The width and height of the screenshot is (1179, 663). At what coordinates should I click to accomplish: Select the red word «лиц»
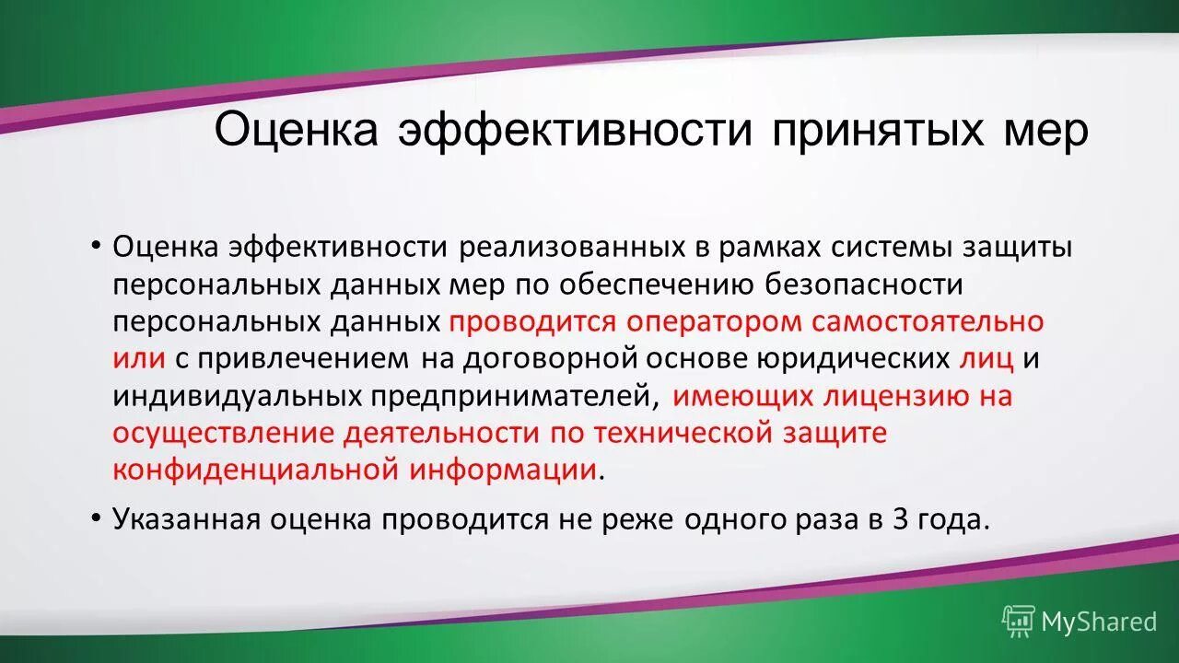[986, 358]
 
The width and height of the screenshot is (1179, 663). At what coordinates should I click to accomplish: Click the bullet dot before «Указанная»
[96, 519]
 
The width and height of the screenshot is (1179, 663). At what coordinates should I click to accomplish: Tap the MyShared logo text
[1099, 622]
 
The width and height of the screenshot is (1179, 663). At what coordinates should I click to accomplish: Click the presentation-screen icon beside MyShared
[1019, 622]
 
